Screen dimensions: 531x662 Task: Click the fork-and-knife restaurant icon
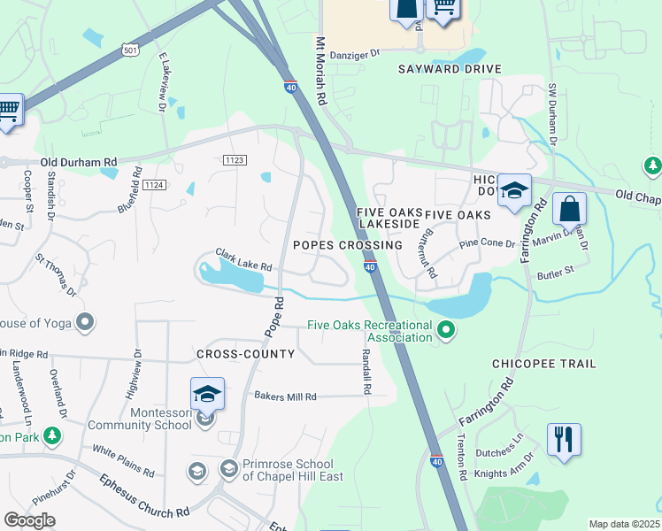click(564, 440)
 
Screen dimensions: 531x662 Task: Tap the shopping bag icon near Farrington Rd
click(569, 210)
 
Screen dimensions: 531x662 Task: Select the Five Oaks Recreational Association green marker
click(446, 332)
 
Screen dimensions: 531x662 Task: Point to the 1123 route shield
click(235, 159)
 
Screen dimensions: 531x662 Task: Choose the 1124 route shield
click(154, 184)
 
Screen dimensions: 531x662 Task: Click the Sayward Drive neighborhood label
click(450, 69)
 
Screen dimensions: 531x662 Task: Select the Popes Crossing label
click(347, 244)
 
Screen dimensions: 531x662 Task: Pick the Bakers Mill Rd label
click(285, 396)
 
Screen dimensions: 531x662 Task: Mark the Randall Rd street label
click(366, 371)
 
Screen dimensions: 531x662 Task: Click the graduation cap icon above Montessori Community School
click(207, 393)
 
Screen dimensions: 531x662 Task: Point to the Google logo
click(29, 520)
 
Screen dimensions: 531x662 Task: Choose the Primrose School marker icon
click(228, 468)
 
